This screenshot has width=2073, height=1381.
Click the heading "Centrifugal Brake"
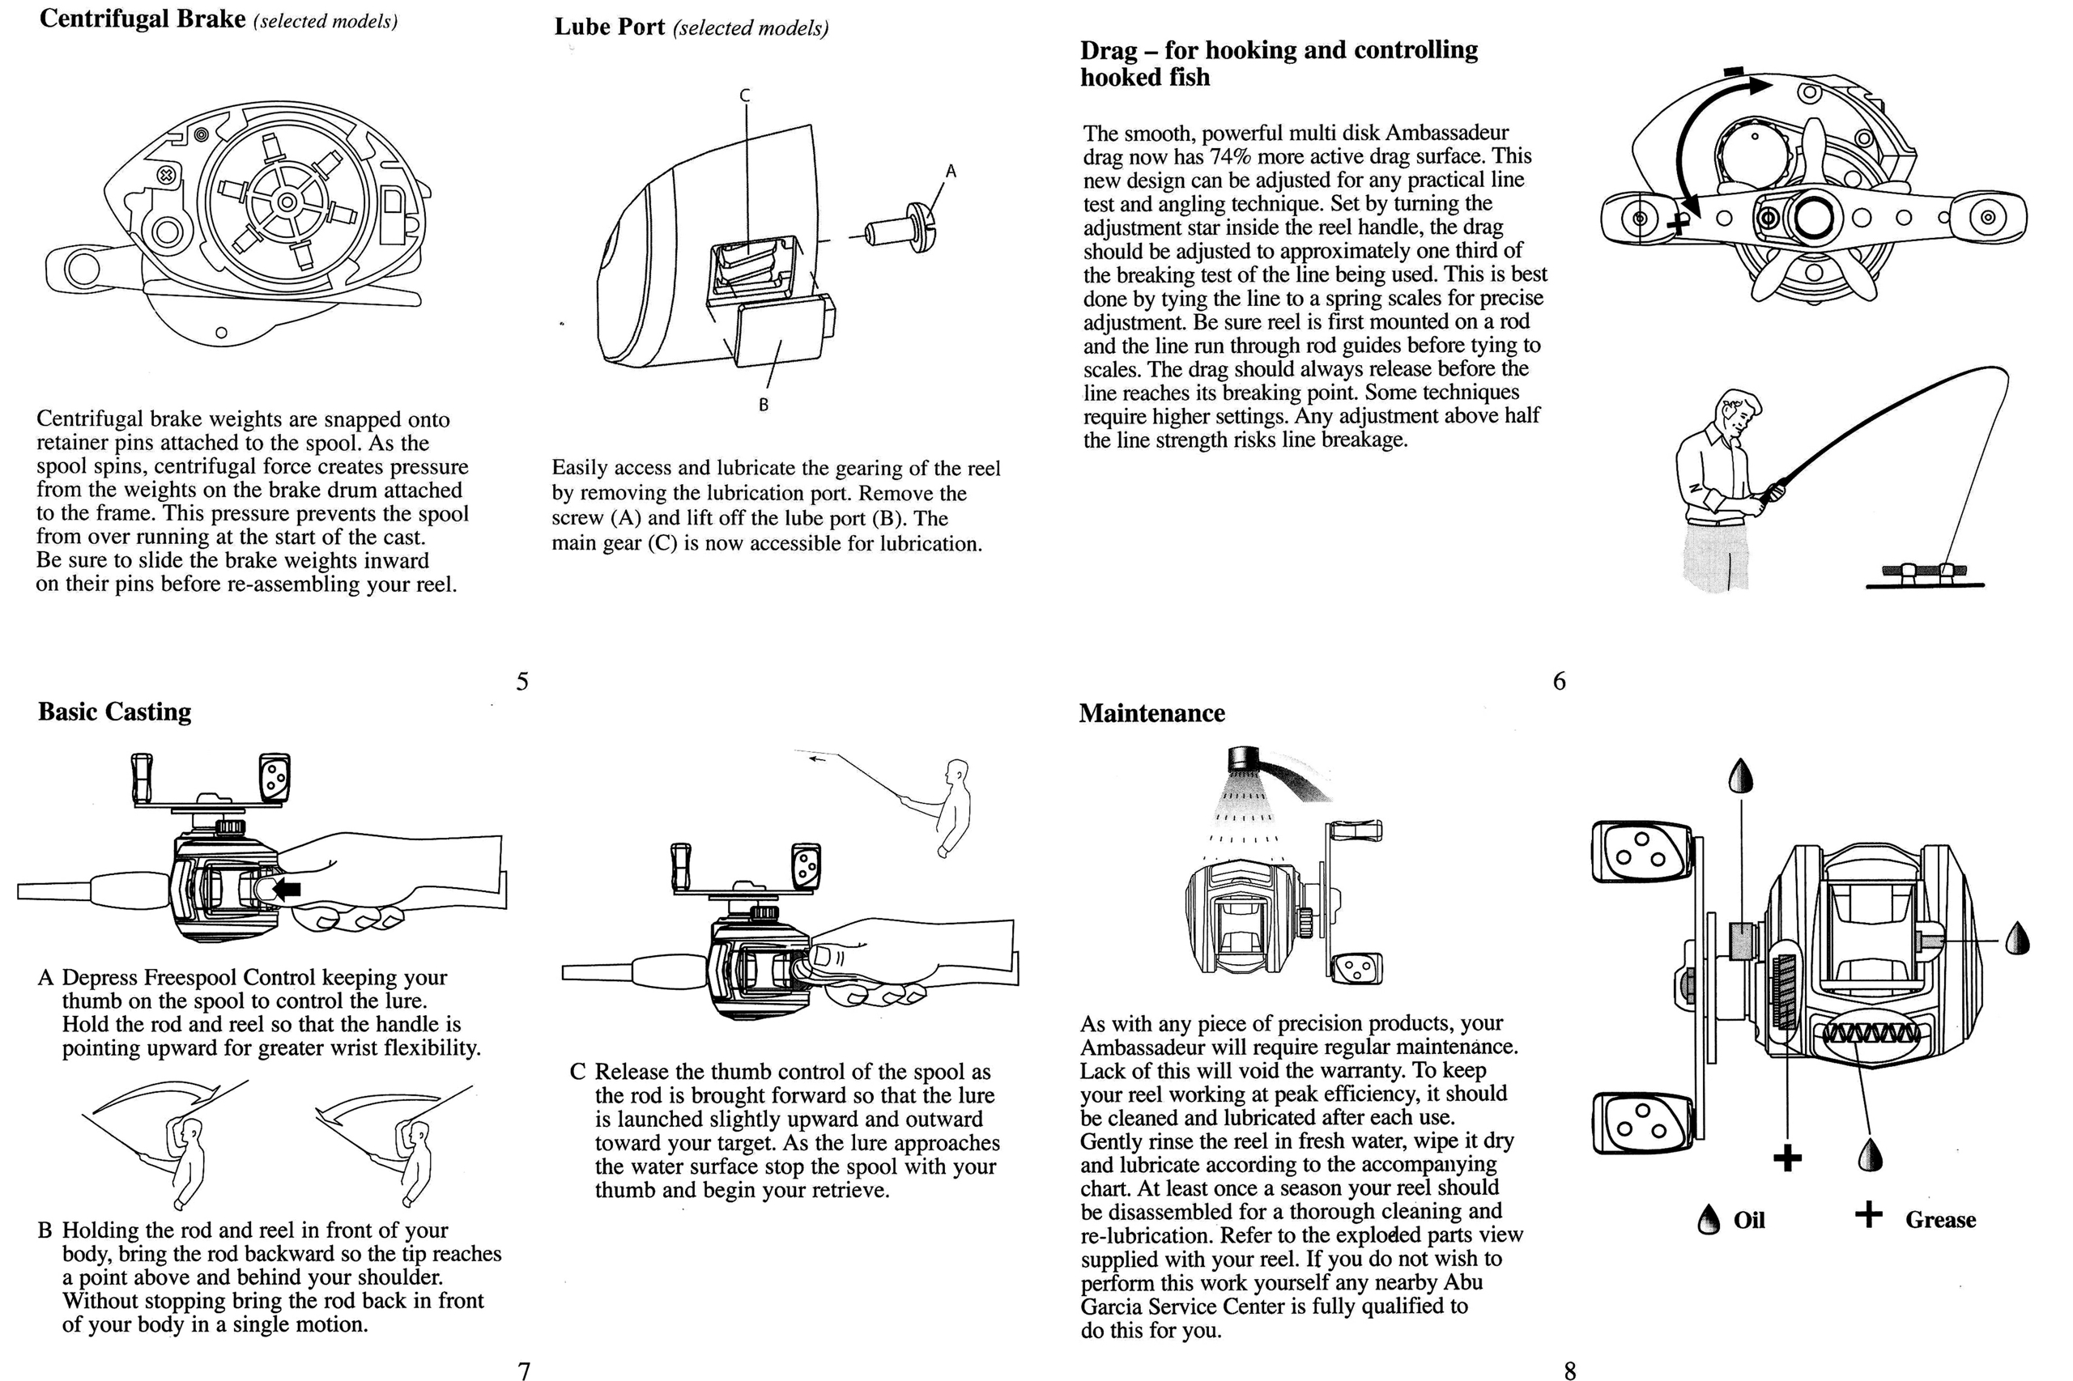point(142,19)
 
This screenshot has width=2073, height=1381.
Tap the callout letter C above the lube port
point(744,96)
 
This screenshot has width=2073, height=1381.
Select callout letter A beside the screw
point(951,171)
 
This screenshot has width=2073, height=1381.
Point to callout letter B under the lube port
point(763,405)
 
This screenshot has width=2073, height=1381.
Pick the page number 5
point(522,682)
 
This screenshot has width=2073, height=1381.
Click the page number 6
point(1560,681)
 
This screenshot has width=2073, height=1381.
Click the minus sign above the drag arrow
point(1734,70)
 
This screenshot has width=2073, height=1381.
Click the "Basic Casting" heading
point(114,712)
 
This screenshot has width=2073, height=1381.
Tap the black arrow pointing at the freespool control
point(287,890)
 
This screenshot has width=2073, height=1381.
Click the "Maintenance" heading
point(1151,713)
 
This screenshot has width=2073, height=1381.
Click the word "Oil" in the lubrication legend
point(1749,1220)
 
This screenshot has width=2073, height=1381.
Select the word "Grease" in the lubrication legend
point(1940,1220)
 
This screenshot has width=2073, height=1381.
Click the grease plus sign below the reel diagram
point(1786,1158)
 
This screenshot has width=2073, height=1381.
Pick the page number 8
point(1570,1370)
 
